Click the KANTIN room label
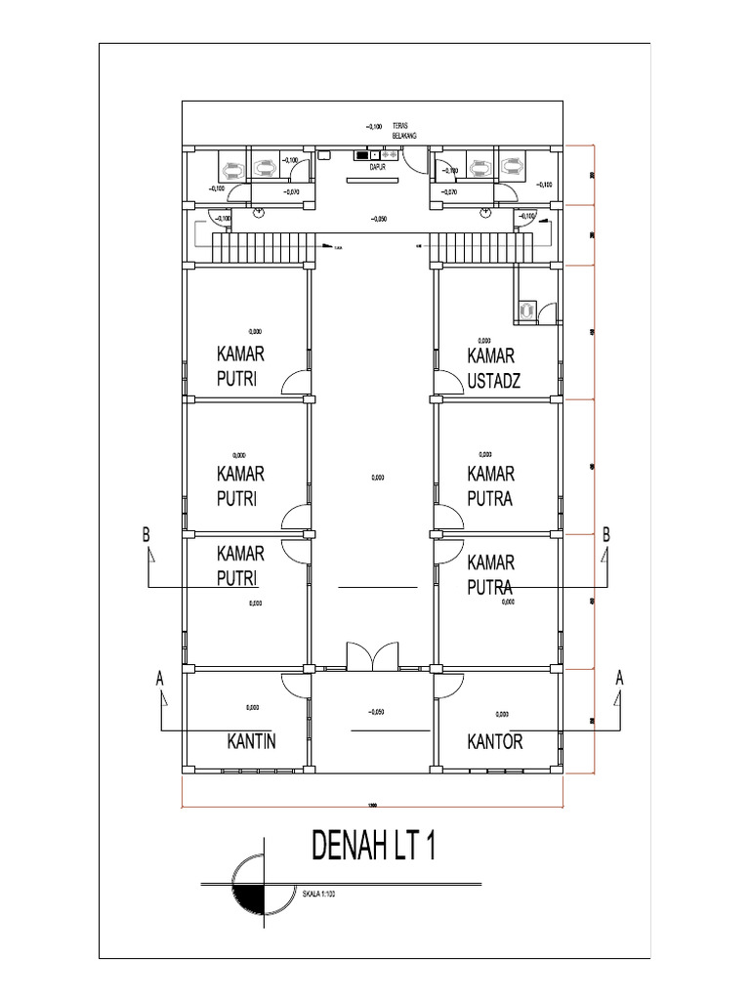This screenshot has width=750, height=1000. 251,742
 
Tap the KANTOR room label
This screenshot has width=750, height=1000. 495,742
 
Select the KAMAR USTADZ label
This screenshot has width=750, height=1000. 493,367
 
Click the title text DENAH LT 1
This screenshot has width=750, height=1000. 372,847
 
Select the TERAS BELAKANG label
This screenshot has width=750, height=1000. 403,130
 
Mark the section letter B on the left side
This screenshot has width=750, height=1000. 146,535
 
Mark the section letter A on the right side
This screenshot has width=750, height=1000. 619,677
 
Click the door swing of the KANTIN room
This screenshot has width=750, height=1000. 295,684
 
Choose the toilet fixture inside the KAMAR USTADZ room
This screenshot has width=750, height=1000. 526,310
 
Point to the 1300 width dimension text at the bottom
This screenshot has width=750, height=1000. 372,805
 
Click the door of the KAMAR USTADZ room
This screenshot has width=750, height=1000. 450,385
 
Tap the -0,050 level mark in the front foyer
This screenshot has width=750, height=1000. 372,712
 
